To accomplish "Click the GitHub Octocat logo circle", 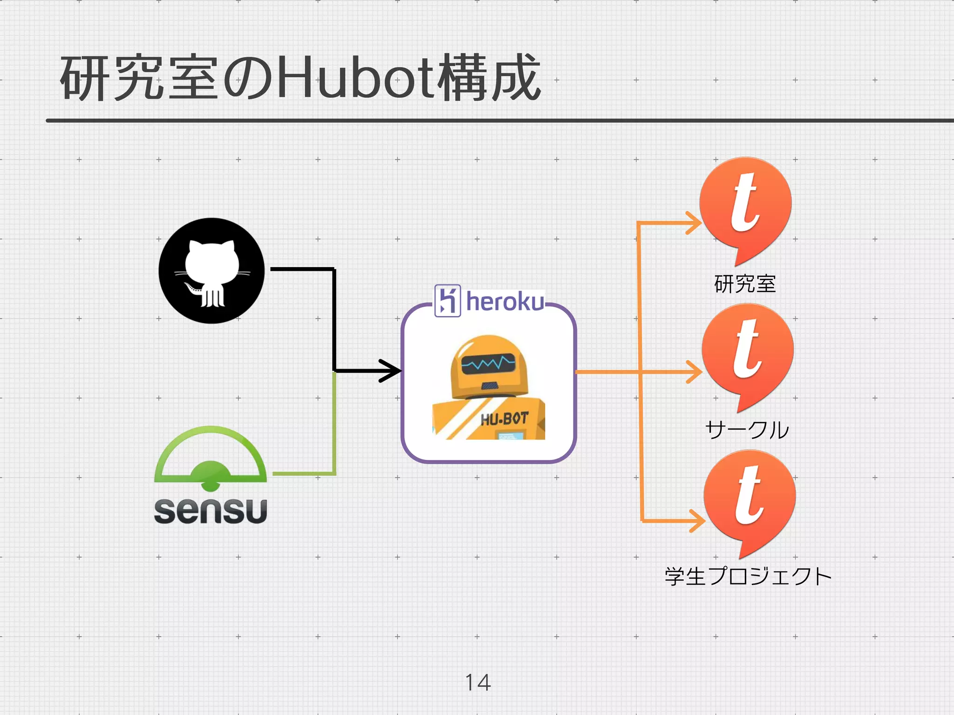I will [x=211, y=271].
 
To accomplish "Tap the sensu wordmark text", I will [x=211, y=511].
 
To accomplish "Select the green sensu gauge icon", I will [x=211, y=459].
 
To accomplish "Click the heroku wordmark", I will [x=505, y=302].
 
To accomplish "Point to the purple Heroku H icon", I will [x=448, y=301].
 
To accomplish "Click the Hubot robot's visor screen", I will [x=488, y=363].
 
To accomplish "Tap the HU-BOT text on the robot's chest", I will [x=504, y=419].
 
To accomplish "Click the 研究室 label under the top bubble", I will [x=745, y=284].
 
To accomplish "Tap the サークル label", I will [x=747, y=430].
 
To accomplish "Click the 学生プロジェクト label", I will [x=748, y=576].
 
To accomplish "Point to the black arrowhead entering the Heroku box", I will [x=391, y=371].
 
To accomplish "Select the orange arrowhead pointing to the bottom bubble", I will [x=697, y=520].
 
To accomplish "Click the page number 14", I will [x=478, y=682].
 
